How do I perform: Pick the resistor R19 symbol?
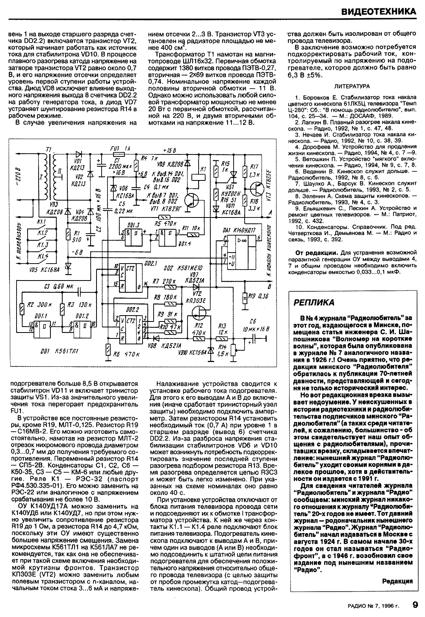[x=245, y=297]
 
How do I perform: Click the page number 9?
[x=415, y=604]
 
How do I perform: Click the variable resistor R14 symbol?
[x=232, y=349]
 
